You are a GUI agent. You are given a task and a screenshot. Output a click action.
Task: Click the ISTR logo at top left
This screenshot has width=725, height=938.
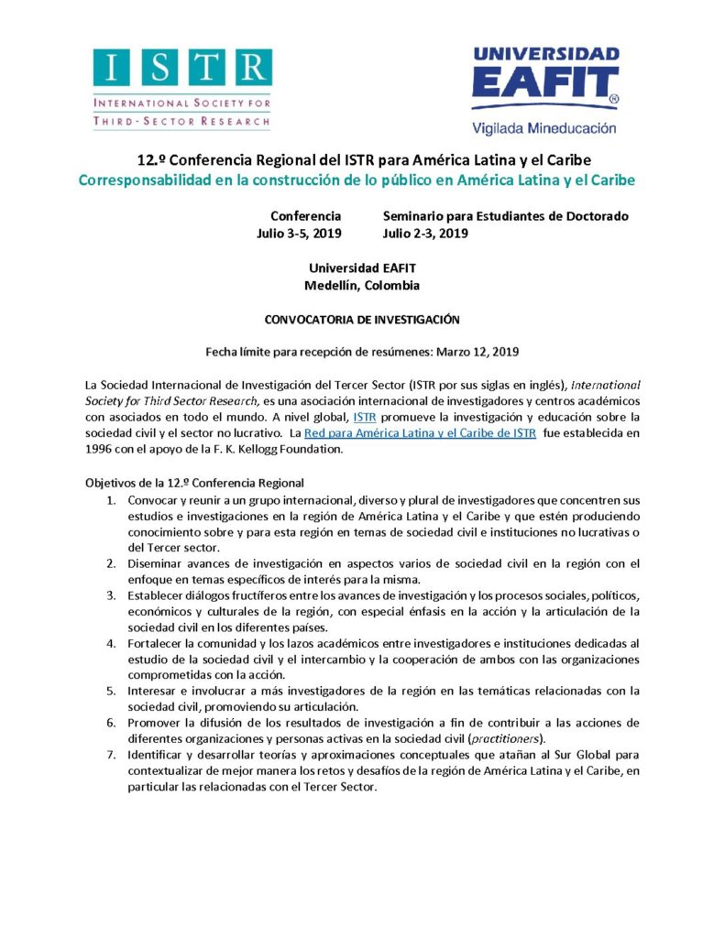tap(181, 88)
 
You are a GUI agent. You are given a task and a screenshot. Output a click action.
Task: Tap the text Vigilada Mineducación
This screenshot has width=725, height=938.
tap(544, 129)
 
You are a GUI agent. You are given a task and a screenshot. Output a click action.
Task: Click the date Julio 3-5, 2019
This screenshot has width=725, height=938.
tap(299, 234)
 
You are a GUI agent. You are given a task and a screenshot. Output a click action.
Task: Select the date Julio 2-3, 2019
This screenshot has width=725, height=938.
tap(425, 234)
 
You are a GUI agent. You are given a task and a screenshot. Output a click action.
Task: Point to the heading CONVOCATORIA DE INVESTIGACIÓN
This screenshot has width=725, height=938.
tap(361, 320)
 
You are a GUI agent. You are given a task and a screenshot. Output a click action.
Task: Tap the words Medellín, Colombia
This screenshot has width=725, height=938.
tap(361, 285)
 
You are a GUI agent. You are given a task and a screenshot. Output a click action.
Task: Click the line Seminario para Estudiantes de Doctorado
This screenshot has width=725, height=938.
tap(505, 216)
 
